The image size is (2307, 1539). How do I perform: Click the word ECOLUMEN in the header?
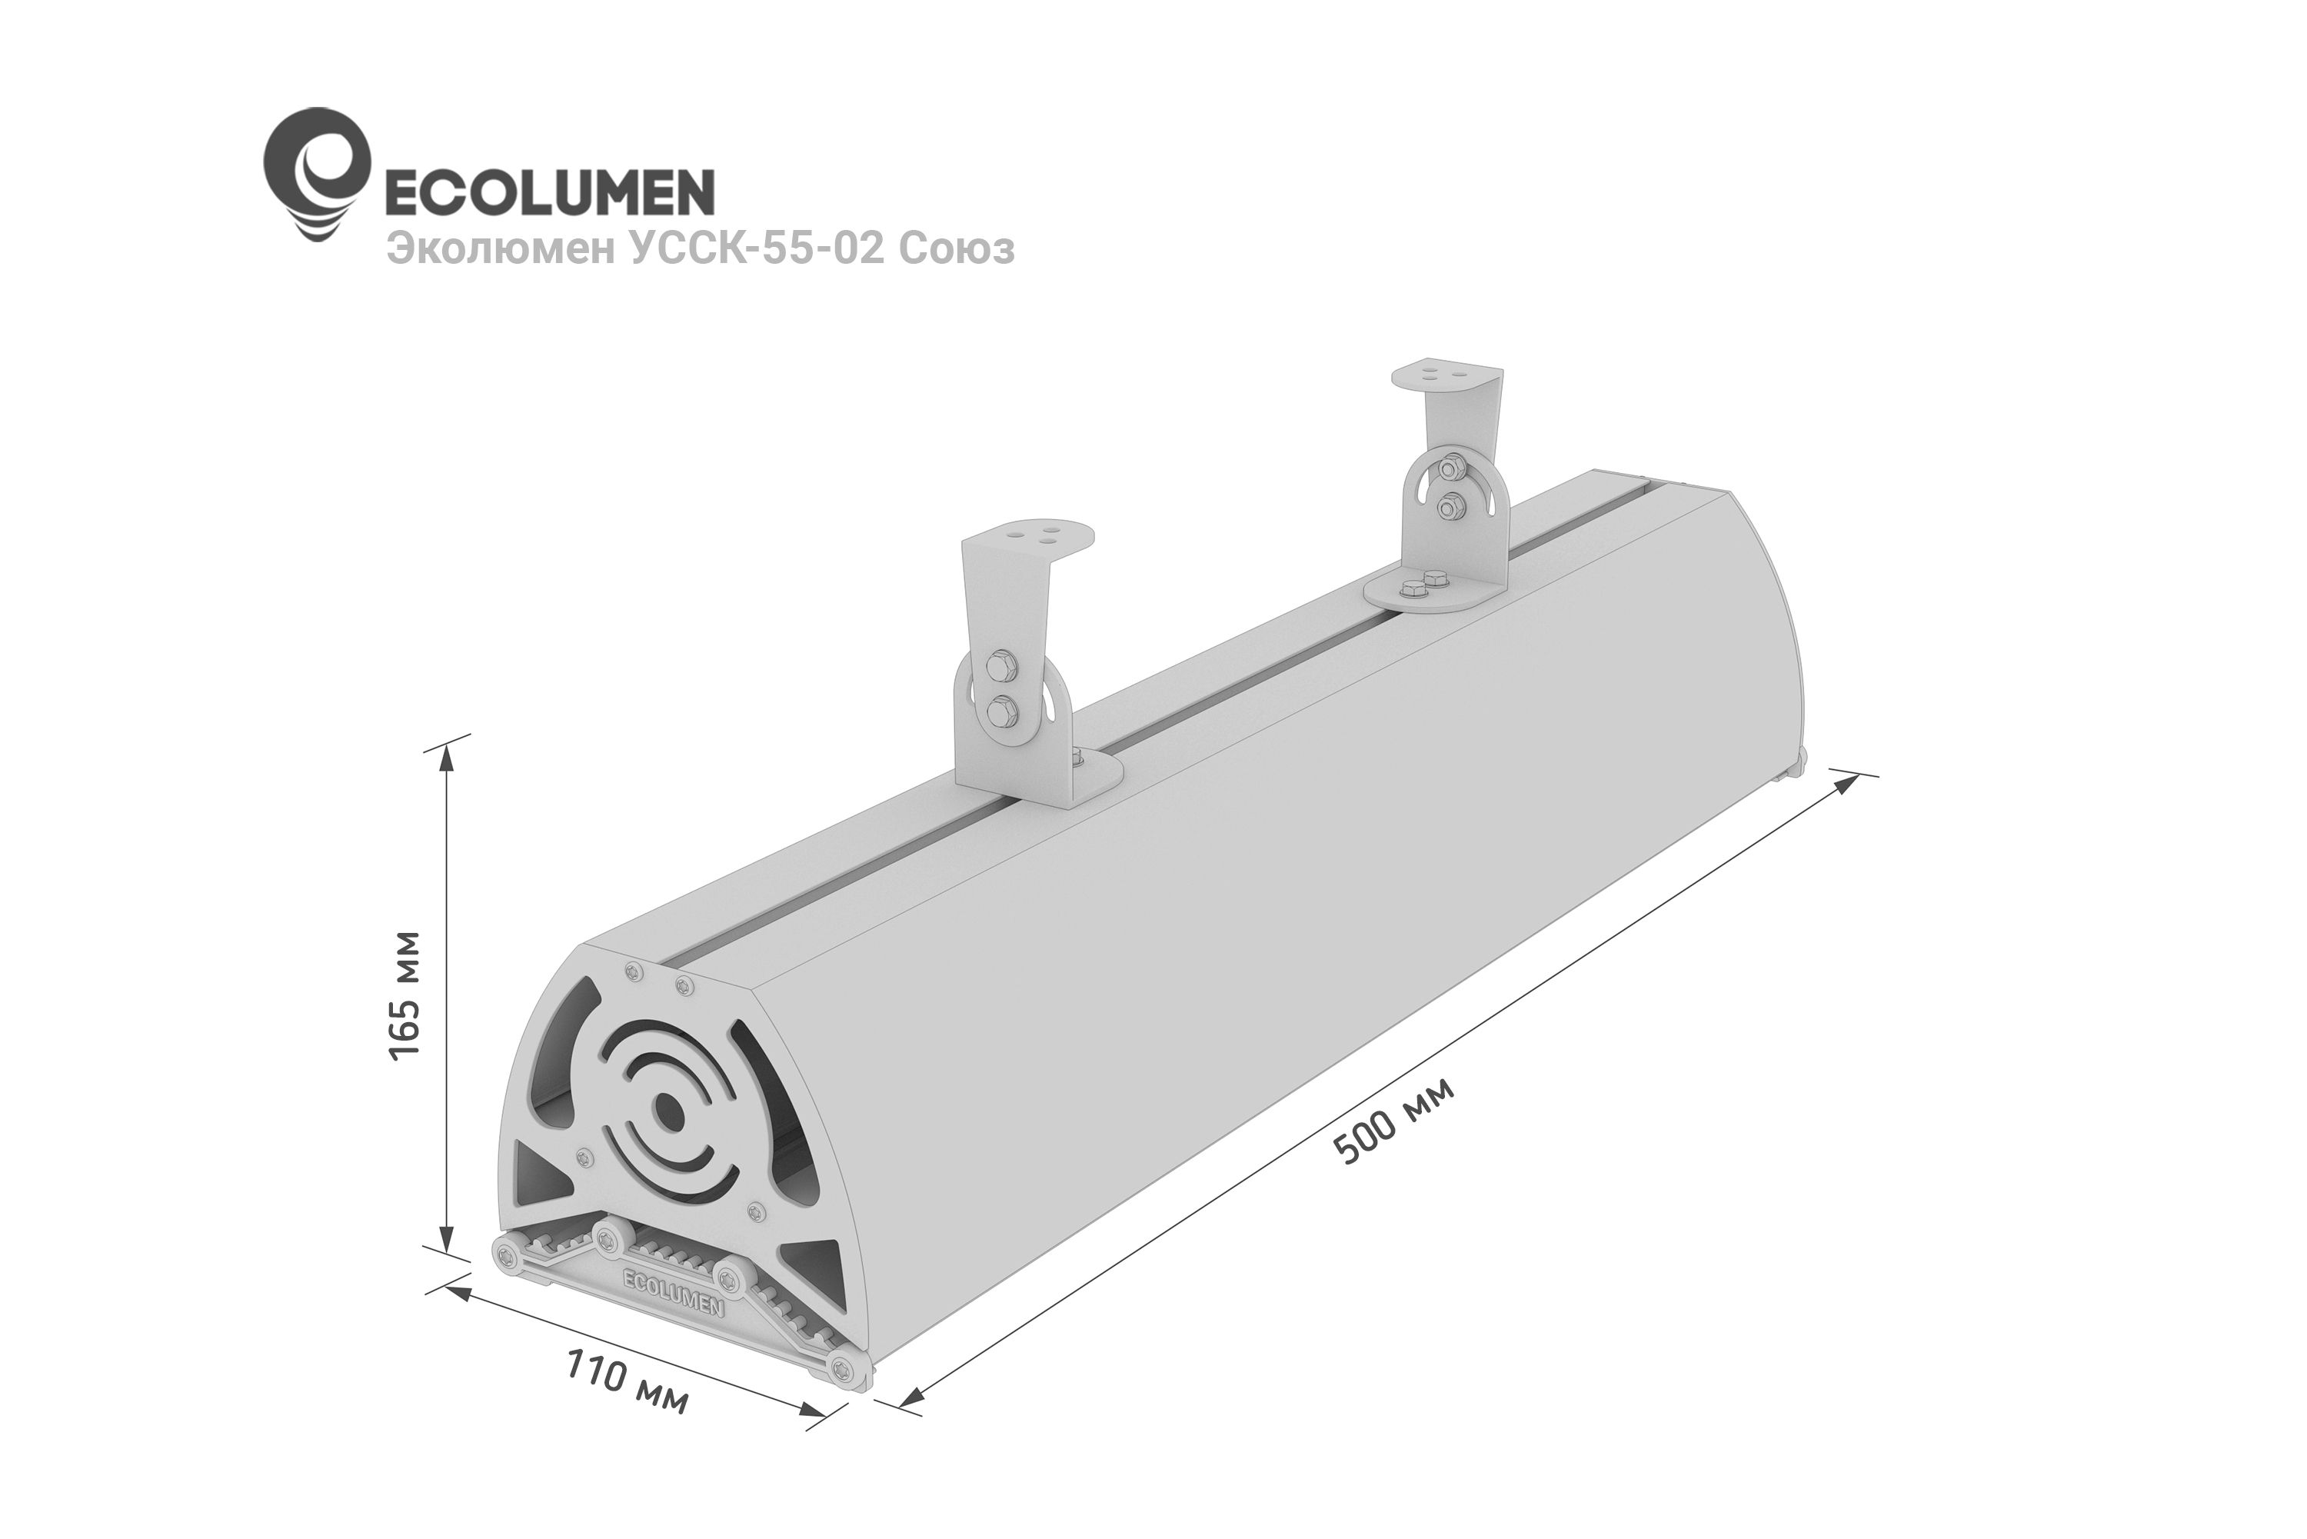[547, 192]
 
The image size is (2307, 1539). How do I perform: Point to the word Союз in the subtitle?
[957, 249]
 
